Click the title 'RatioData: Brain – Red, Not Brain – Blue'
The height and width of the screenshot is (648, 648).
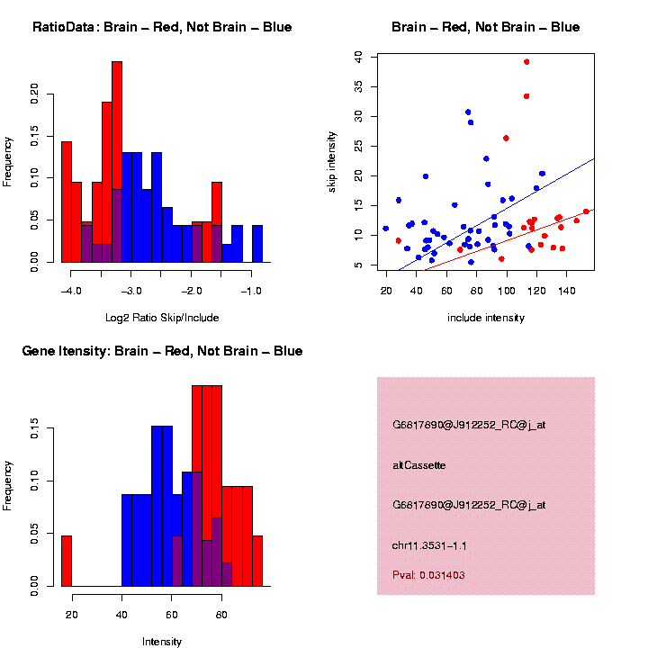point(162,27)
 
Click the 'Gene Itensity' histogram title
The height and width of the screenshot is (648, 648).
point(162,351)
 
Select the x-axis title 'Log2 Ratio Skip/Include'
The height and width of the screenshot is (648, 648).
point(162,317)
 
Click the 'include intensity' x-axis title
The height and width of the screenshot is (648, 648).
point(486,318)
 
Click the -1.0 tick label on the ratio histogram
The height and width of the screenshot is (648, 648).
point(251,292)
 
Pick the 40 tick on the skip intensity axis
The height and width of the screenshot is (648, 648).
point(358,56)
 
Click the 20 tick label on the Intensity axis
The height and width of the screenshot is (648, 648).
point(72,615)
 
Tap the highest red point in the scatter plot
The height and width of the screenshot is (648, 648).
point(526,62)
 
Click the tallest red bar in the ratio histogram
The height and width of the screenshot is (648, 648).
point(117,162)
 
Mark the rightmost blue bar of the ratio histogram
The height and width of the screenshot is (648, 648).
point(257,243)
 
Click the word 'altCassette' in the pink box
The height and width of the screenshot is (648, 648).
point(419,465)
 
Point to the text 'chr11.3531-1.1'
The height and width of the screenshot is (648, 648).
point(429,545)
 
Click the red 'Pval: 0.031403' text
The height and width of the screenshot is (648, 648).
point(428,574)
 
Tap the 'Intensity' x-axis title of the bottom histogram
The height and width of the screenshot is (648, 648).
point(162,642)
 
